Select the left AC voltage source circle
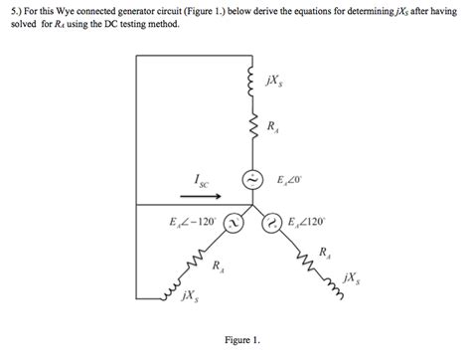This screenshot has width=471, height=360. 231,224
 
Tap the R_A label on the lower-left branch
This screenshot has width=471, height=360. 218,267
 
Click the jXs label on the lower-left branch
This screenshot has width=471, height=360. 189,295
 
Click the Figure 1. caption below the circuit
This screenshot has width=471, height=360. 241,339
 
